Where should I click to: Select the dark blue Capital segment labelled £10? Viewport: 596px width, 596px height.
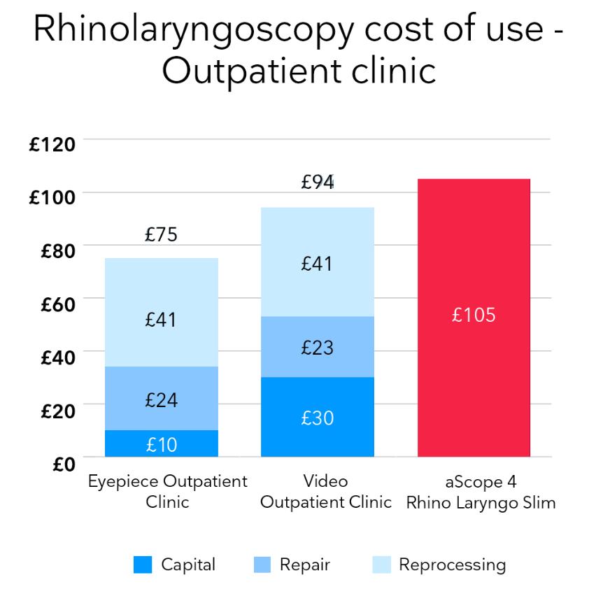[x=162, y=444]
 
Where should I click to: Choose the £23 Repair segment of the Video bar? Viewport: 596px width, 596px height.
[x=318, y=347]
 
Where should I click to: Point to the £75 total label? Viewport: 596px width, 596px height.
[x=161, y=236]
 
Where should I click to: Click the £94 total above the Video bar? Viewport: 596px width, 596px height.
[x=318, y=183]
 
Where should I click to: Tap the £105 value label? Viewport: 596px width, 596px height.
[x=473, y=315]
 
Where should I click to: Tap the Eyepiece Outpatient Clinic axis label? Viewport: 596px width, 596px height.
[x=167, y=492]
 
